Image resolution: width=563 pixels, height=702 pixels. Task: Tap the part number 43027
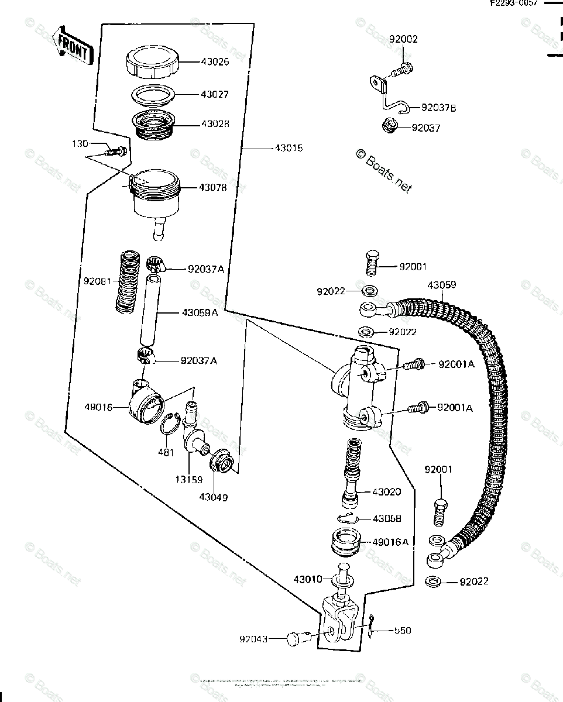point(214,94)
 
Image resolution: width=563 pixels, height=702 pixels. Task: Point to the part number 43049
point(213,497)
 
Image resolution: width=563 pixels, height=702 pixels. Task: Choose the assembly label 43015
point(288,149)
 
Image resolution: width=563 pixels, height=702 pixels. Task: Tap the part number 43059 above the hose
point(441,285)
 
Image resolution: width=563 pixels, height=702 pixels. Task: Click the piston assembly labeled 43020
point(353,473)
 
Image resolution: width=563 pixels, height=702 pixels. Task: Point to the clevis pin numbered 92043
point(296,638)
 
